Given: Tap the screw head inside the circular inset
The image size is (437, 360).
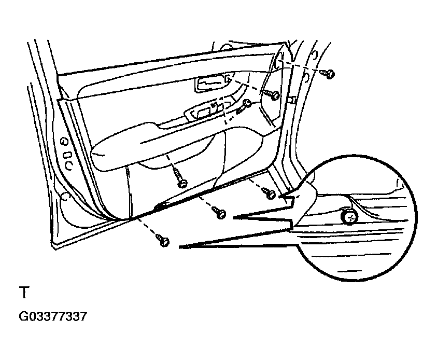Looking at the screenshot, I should coord(349,217).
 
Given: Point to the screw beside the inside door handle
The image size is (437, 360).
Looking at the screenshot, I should coord(273,95).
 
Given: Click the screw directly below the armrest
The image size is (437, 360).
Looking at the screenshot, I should coord(181,182).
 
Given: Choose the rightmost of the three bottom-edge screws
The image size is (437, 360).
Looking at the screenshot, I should coord(269,193).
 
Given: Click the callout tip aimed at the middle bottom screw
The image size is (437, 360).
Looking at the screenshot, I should coord(234,218).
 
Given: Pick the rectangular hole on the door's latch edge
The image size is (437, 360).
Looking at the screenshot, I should coord(67,155).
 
